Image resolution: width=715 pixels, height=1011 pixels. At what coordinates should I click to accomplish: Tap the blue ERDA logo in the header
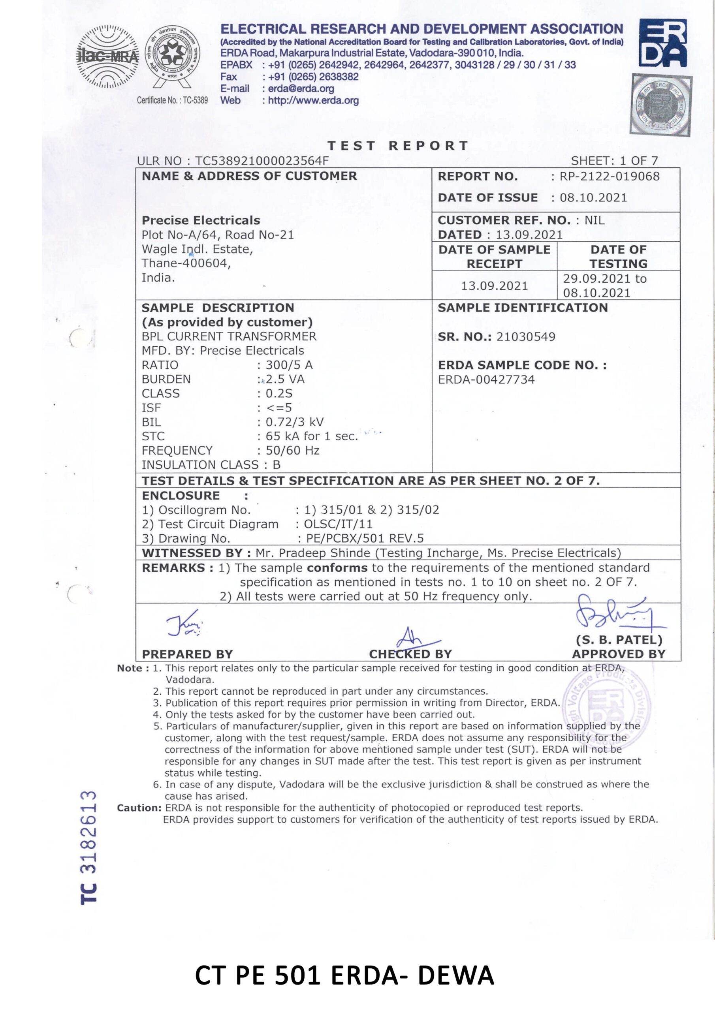coord(662,43)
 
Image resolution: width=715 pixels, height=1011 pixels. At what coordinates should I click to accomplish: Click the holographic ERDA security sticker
coord(661,104)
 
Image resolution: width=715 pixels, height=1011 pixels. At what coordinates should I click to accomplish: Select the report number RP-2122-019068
coord(609,177)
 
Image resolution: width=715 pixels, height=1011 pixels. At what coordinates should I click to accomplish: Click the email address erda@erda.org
coord(301,88)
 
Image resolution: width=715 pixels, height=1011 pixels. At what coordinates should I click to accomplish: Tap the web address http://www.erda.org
coord(313,100)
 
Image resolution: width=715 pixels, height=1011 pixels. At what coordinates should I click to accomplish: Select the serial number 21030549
coord(525,337)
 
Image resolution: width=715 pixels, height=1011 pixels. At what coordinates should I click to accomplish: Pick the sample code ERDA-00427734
coord(486,380)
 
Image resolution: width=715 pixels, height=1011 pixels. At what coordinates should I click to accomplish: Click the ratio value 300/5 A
coord(289,365)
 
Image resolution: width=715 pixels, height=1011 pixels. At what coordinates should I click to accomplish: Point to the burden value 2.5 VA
coord(285,379)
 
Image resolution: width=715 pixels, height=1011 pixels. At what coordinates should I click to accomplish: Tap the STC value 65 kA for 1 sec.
coord(311,436)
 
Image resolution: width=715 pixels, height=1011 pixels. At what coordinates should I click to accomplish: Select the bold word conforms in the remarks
coord(337,568)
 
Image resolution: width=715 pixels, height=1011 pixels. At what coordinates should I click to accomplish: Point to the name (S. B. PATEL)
coord(619,640)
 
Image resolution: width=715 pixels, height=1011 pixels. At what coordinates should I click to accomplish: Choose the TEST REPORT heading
coord(398,146)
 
